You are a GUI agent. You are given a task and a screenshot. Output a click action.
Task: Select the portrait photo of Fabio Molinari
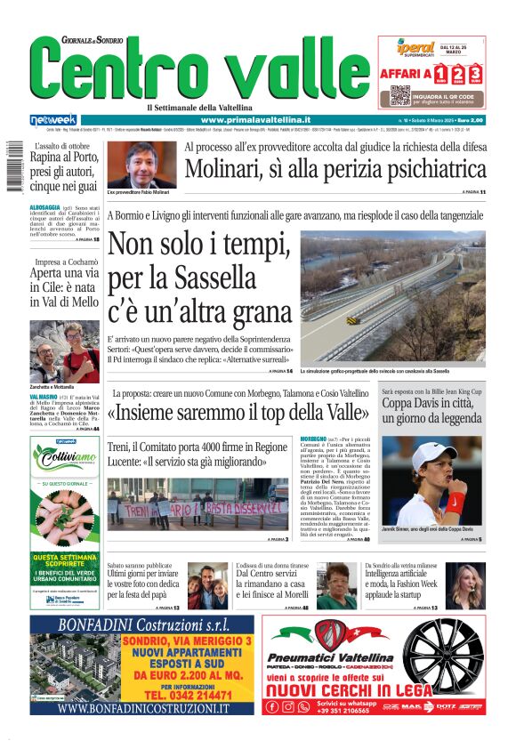141,165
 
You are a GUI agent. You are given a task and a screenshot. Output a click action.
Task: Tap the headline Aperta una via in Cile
65,289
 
